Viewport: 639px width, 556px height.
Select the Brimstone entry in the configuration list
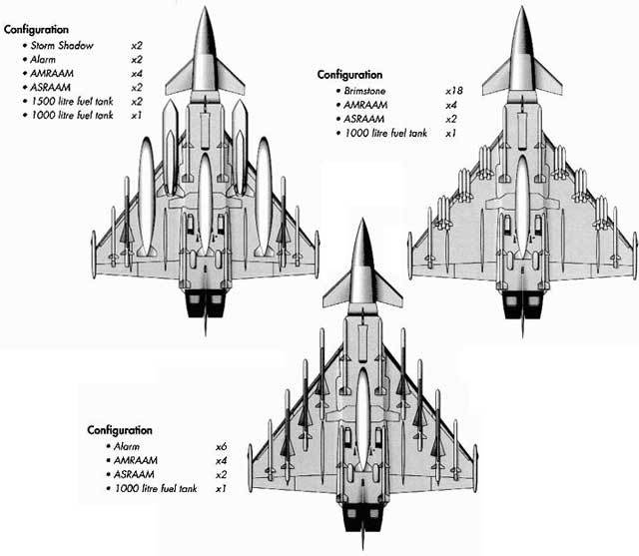click(x=368, y=90)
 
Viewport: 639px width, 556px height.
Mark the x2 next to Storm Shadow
click(x=137, y=46)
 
